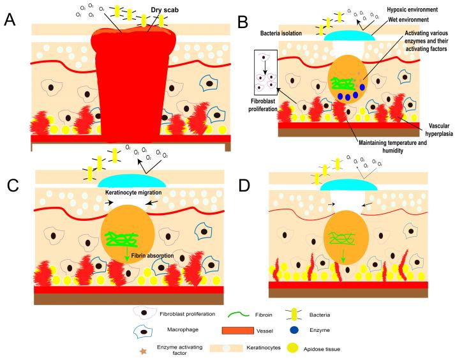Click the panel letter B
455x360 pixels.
242,24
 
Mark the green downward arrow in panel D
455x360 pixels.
345,256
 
